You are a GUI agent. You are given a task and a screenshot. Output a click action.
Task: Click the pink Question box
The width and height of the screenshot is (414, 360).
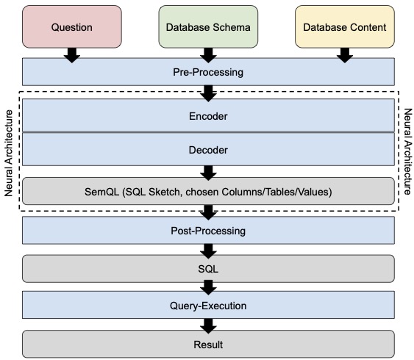(72, 26)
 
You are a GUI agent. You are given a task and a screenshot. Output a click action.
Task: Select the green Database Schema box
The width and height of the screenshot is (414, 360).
(208, 26)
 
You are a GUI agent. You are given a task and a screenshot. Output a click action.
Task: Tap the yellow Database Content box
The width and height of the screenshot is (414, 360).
(345, 26)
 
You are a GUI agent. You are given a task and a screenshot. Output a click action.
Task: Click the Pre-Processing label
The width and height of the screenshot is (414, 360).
(208, 72)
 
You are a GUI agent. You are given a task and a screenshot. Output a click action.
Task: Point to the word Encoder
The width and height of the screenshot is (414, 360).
(208, 116)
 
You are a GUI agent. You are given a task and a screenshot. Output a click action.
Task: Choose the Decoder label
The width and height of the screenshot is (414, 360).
(208, 150)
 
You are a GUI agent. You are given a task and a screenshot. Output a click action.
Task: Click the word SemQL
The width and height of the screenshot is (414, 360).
(102, 192)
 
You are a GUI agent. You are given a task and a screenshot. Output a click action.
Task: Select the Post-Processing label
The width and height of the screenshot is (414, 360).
(208, 231)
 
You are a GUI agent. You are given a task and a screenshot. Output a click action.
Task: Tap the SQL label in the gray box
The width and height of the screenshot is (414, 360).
(208, 269)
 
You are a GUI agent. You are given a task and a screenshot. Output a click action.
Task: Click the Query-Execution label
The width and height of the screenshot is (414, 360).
(208, 306)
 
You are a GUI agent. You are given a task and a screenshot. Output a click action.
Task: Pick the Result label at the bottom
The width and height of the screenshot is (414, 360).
(208, 345)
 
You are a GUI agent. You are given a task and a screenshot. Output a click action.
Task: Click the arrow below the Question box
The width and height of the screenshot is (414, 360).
(72, 55)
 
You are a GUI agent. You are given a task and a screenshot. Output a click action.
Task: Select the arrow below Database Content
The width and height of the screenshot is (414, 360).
(345, 55)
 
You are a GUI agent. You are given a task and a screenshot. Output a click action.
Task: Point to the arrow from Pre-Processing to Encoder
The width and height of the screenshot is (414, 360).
(208, 93)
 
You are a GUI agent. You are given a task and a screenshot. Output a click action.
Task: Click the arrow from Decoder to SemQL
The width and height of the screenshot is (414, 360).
(208, 173)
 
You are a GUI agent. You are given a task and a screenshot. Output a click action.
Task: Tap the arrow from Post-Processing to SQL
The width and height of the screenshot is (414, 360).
(208, 251)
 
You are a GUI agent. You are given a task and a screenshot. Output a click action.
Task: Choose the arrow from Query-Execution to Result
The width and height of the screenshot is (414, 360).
(208, 326)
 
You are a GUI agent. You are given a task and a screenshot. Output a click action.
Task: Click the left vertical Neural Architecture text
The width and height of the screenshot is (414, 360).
(8, 153)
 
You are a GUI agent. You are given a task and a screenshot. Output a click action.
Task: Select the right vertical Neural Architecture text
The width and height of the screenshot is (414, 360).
(408, 151)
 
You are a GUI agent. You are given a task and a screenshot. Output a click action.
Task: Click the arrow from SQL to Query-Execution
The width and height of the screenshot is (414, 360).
(208, 287)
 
